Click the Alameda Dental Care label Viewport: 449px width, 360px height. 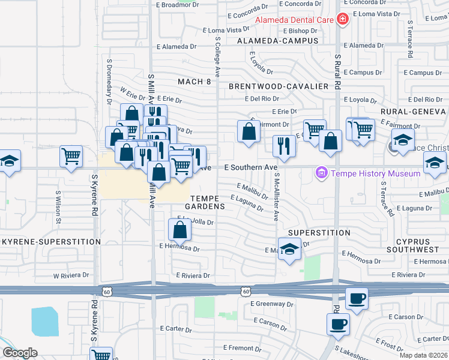pyautogui.click(x=295, y=19)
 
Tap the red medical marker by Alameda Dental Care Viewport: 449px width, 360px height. pyautogui.click(x=343, y=19)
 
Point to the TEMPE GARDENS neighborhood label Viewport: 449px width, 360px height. pyautogui.click(x=208, y=202)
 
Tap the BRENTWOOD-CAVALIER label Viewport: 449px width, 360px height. pyautogui.click(x=279, y=86)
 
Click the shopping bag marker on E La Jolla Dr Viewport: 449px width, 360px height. pyautogui.click(x=179, y=229)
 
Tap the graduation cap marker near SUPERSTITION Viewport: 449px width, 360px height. pyautogui.click(x=289, y=248)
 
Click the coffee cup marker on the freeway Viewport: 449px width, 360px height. pyautogui.click(x=357, y=299)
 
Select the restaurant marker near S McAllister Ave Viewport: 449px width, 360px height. pyautogui.click(x=284, y=146)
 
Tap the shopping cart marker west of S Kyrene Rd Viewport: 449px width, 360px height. pyautogui.click(x=71, y=156)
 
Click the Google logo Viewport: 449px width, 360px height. pyautogui.click(x=20, y=353)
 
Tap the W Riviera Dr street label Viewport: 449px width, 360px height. pyautogui.click(x=71, y=276)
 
